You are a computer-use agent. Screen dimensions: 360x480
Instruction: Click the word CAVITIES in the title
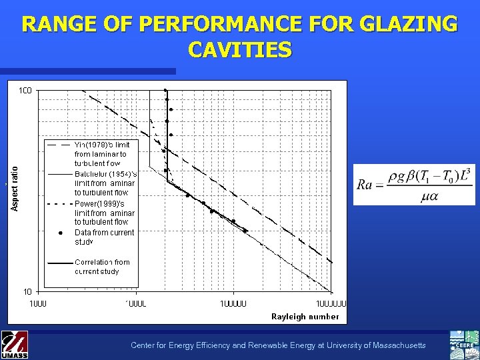point(240,49)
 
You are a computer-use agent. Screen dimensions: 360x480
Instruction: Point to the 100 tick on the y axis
point(27,90)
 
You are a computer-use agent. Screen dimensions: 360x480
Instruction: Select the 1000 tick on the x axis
point(37,303)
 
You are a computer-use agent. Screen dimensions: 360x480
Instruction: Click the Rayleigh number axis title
point(305,316)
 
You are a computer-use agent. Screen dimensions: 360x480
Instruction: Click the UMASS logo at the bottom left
point(15,345)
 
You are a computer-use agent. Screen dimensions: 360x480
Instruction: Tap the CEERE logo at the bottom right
point(465,345)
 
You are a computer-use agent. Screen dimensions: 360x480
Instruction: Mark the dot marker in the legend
point(60,233)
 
